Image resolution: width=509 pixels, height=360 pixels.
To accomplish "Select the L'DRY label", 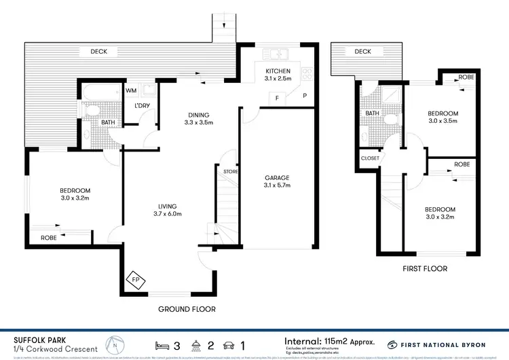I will point(142,106).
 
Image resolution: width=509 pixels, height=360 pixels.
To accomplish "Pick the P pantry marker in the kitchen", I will point(305,96).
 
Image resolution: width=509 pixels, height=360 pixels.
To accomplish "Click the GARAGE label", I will point(277,179).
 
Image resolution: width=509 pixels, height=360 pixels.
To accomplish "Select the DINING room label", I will point(199,115).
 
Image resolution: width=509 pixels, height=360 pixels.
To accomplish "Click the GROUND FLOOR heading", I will point(187,309).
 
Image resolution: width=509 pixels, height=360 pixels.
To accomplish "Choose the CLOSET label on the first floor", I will point(370,158).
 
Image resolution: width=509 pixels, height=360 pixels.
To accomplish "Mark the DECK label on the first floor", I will point(362,52).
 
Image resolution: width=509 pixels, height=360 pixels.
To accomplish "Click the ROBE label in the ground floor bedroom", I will point(48,238).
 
